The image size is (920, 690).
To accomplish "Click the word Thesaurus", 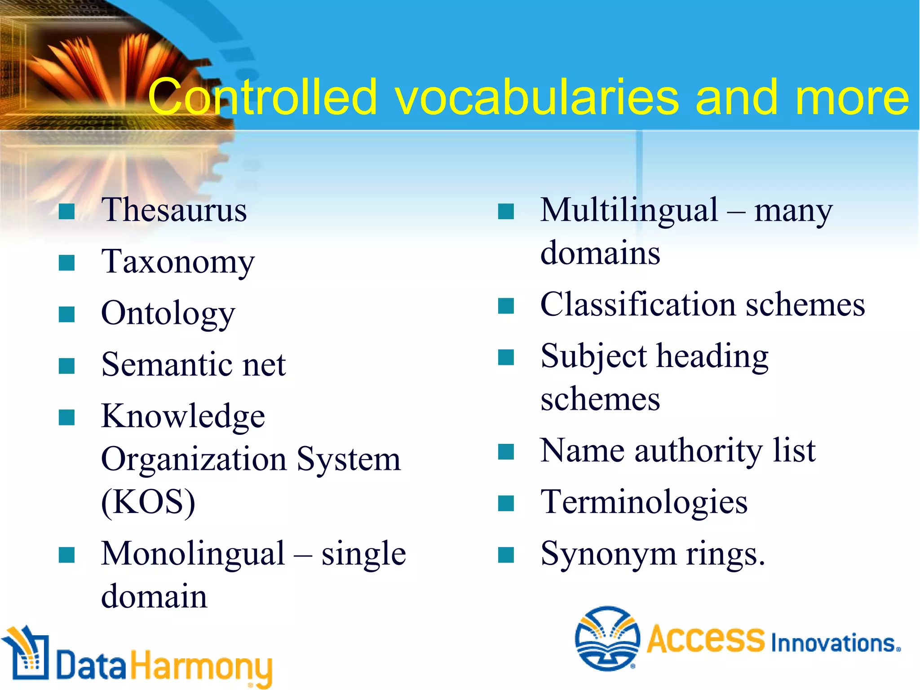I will (x=174, y=210).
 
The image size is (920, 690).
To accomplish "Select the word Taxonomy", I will (x=178, y=262).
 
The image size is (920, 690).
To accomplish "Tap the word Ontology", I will (x=168, y=314).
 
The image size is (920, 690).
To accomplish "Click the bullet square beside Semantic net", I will (x=66, y=366).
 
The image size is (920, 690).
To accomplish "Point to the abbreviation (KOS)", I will (x=148, y=502).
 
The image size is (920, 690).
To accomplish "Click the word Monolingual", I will (x=193, y=553).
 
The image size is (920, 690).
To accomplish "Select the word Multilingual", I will (x=629, y=210).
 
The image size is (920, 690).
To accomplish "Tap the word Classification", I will (x=638, y=305).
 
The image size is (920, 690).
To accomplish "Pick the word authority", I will (x=699, y=451).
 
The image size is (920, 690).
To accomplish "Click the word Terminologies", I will (x=644, y=502).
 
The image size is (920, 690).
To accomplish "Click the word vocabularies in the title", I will (x=537, y=97).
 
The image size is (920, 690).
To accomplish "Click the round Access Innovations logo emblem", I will (x=607, y=638).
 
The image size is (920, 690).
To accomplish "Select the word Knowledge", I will (x=183, y=416).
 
